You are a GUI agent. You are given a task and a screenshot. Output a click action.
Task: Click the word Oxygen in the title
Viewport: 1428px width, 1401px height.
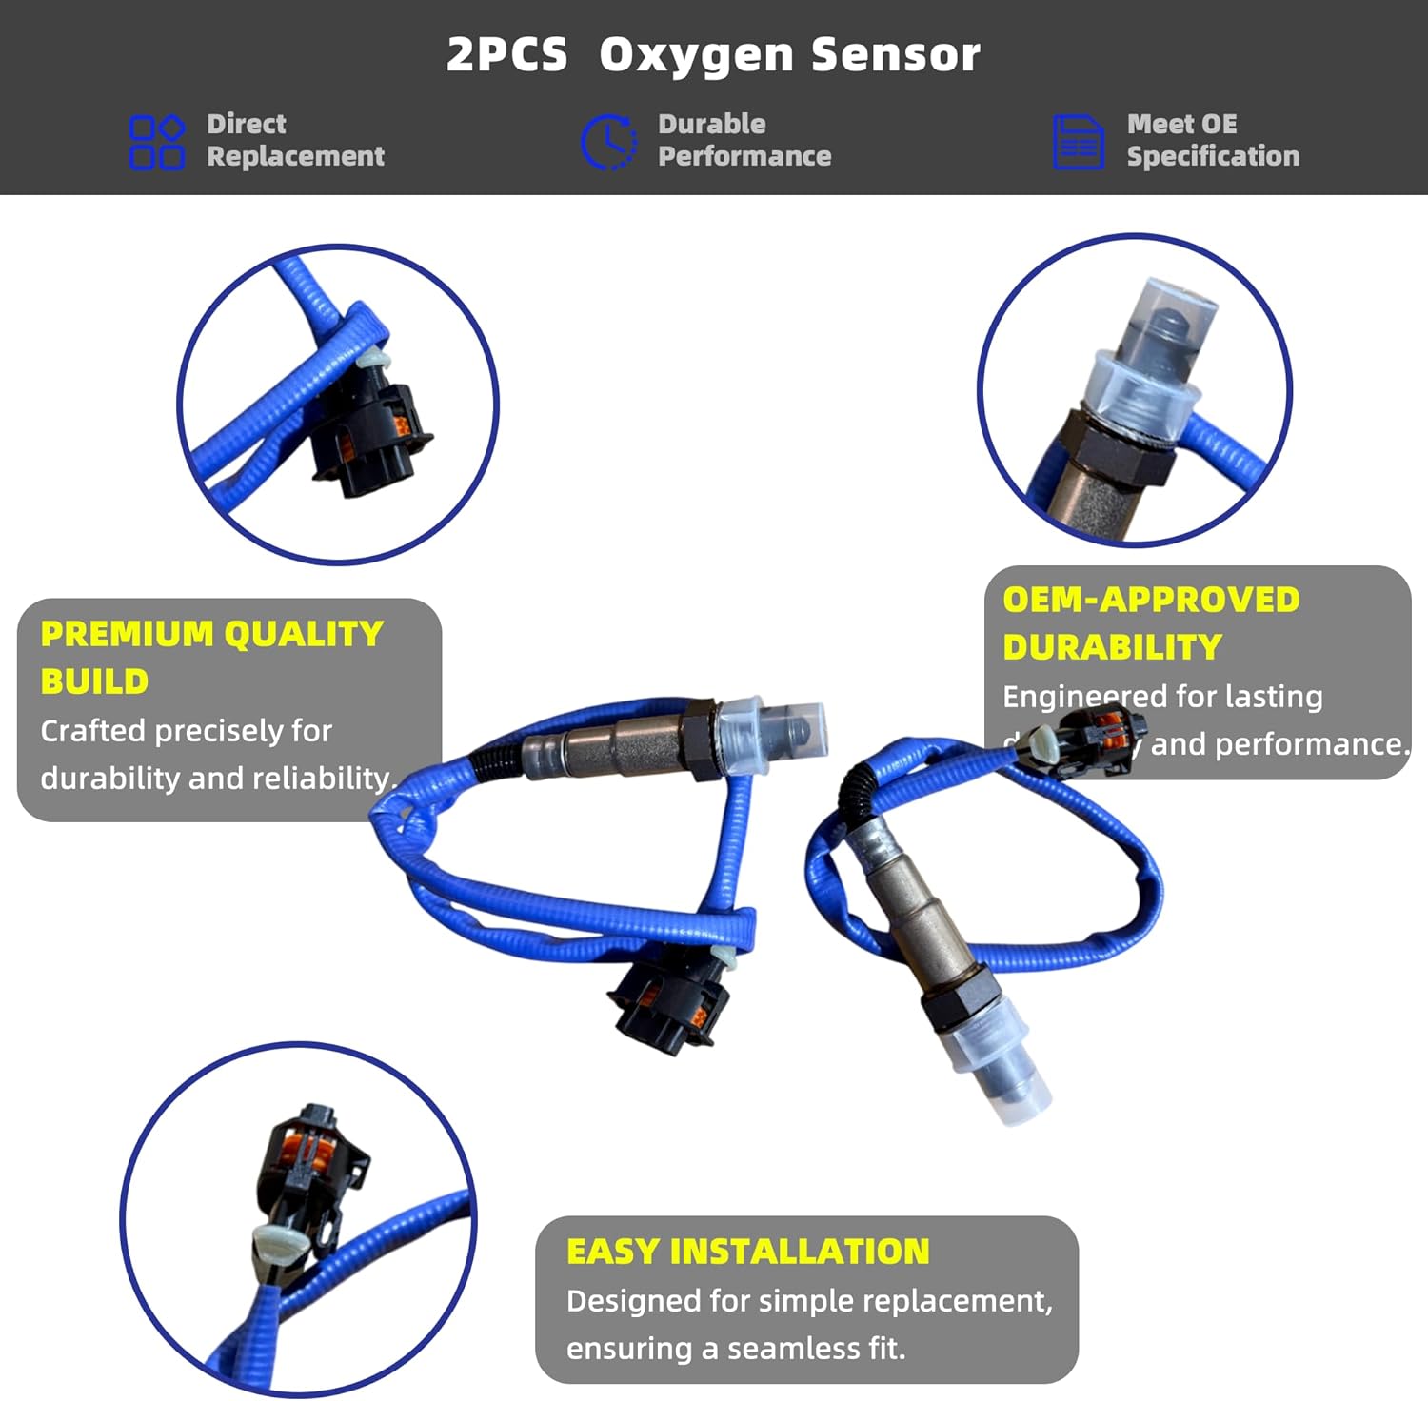(x=696, y=55)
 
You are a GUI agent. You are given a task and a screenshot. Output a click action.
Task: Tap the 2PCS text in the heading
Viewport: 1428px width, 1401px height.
(x=506, y=55)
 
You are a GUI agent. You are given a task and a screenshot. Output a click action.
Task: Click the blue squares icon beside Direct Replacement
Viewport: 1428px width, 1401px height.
(x=156, y=142)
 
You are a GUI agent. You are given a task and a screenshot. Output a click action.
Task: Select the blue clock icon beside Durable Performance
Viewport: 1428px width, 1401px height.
(x=608, y=142)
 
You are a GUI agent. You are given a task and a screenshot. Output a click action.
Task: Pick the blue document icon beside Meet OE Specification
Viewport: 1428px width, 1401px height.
(x=1078, y=142)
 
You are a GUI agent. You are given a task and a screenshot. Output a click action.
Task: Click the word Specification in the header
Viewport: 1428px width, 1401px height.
(x=1213, y=156)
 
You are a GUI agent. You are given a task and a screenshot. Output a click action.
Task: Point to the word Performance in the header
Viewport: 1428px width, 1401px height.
(x=744, y=156)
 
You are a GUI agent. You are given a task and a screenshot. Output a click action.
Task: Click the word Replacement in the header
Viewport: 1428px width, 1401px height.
(x=295, y=156)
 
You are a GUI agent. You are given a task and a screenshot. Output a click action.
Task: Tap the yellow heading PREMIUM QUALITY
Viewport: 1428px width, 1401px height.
(x=211, y=634)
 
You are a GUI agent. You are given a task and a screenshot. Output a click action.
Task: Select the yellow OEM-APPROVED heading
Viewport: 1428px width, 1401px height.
(x=1151, y=600)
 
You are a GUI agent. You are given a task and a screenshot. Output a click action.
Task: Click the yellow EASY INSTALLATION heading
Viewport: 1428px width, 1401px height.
(x=747, y=1252)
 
